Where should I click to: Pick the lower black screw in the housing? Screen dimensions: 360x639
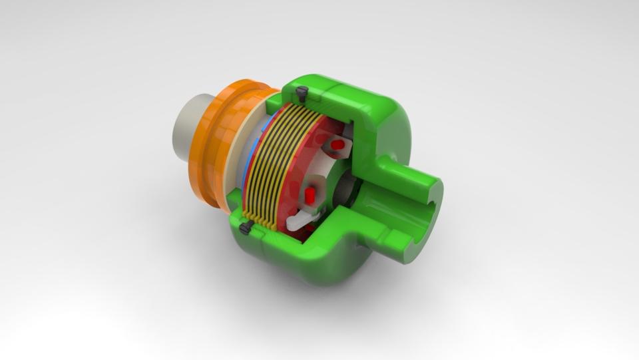(244, 228)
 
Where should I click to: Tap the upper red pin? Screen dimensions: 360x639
(338, 144)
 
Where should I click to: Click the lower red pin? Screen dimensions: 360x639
(310, 194)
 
